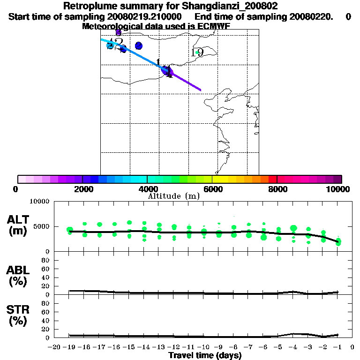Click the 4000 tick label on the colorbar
click(x=147, y=189)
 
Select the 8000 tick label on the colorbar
click(x=277, y=189)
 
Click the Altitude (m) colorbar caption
click(x=173, y=196)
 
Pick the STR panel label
click(x=18, y=310)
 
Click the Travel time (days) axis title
click(x=205, y=356)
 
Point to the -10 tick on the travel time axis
click(x=203, y=347)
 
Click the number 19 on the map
click(x=197, y=52)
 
